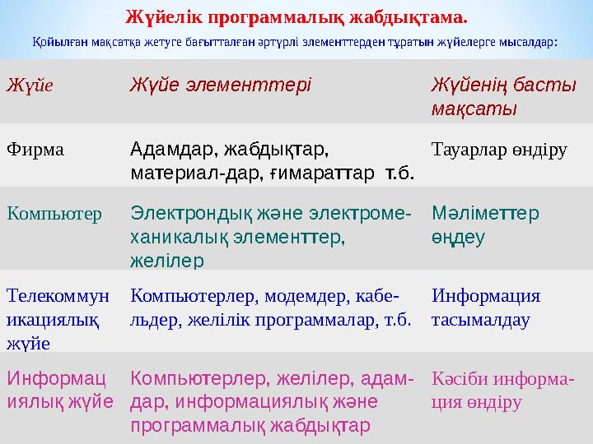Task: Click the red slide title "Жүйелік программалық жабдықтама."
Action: pos(296,16)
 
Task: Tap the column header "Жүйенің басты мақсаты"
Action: pos(503,96)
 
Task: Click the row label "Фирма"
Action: pos(35,150)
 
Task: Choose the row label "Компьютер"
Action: pos(54,214)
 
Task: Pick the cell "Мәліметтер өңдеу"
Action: pos(486,224)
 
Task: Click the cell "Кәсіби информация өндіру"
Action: pos(503,391)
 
